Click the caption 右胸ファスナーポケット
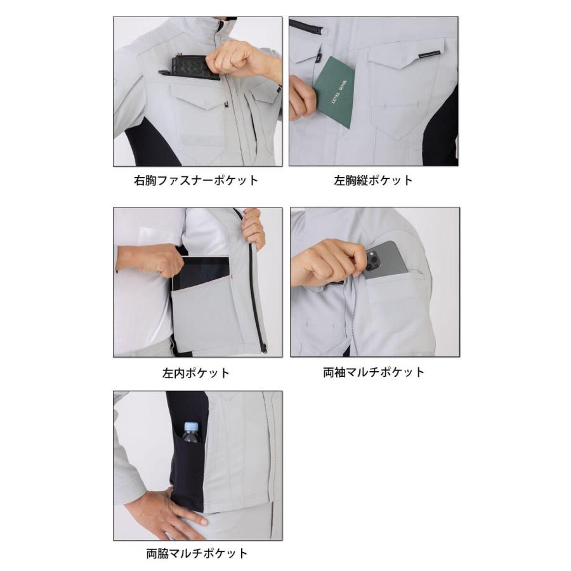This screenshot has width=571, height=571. pyautogui.click(x=197, y=180)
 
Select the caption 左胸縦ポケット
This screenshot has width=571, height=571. pyautogui.click(x=374, y=180)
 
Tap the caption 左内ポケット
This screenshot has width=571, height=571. pyautogui.click(x=196, y=372)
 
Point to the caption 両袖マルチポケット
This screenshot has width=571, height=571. pyautogui.click(x=374, y=372)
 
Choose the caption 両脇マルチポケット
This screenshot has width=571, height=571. pyautogui.click(x=197, y=553)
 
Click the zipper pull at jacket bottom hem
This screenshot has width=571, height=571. pyautogui.click(x=262, y=348)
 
